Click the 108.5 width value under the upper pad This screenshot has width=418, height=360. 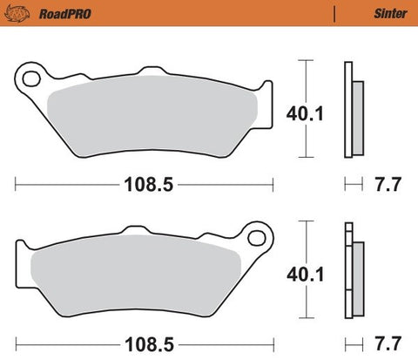(144, 185)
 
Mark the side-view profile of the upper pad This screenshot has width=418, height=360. (352, 109)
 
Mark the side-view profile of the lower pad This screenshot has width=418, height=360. (352, 270)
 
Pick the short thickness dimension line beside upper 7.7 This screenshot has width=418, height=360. (353, 185)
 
